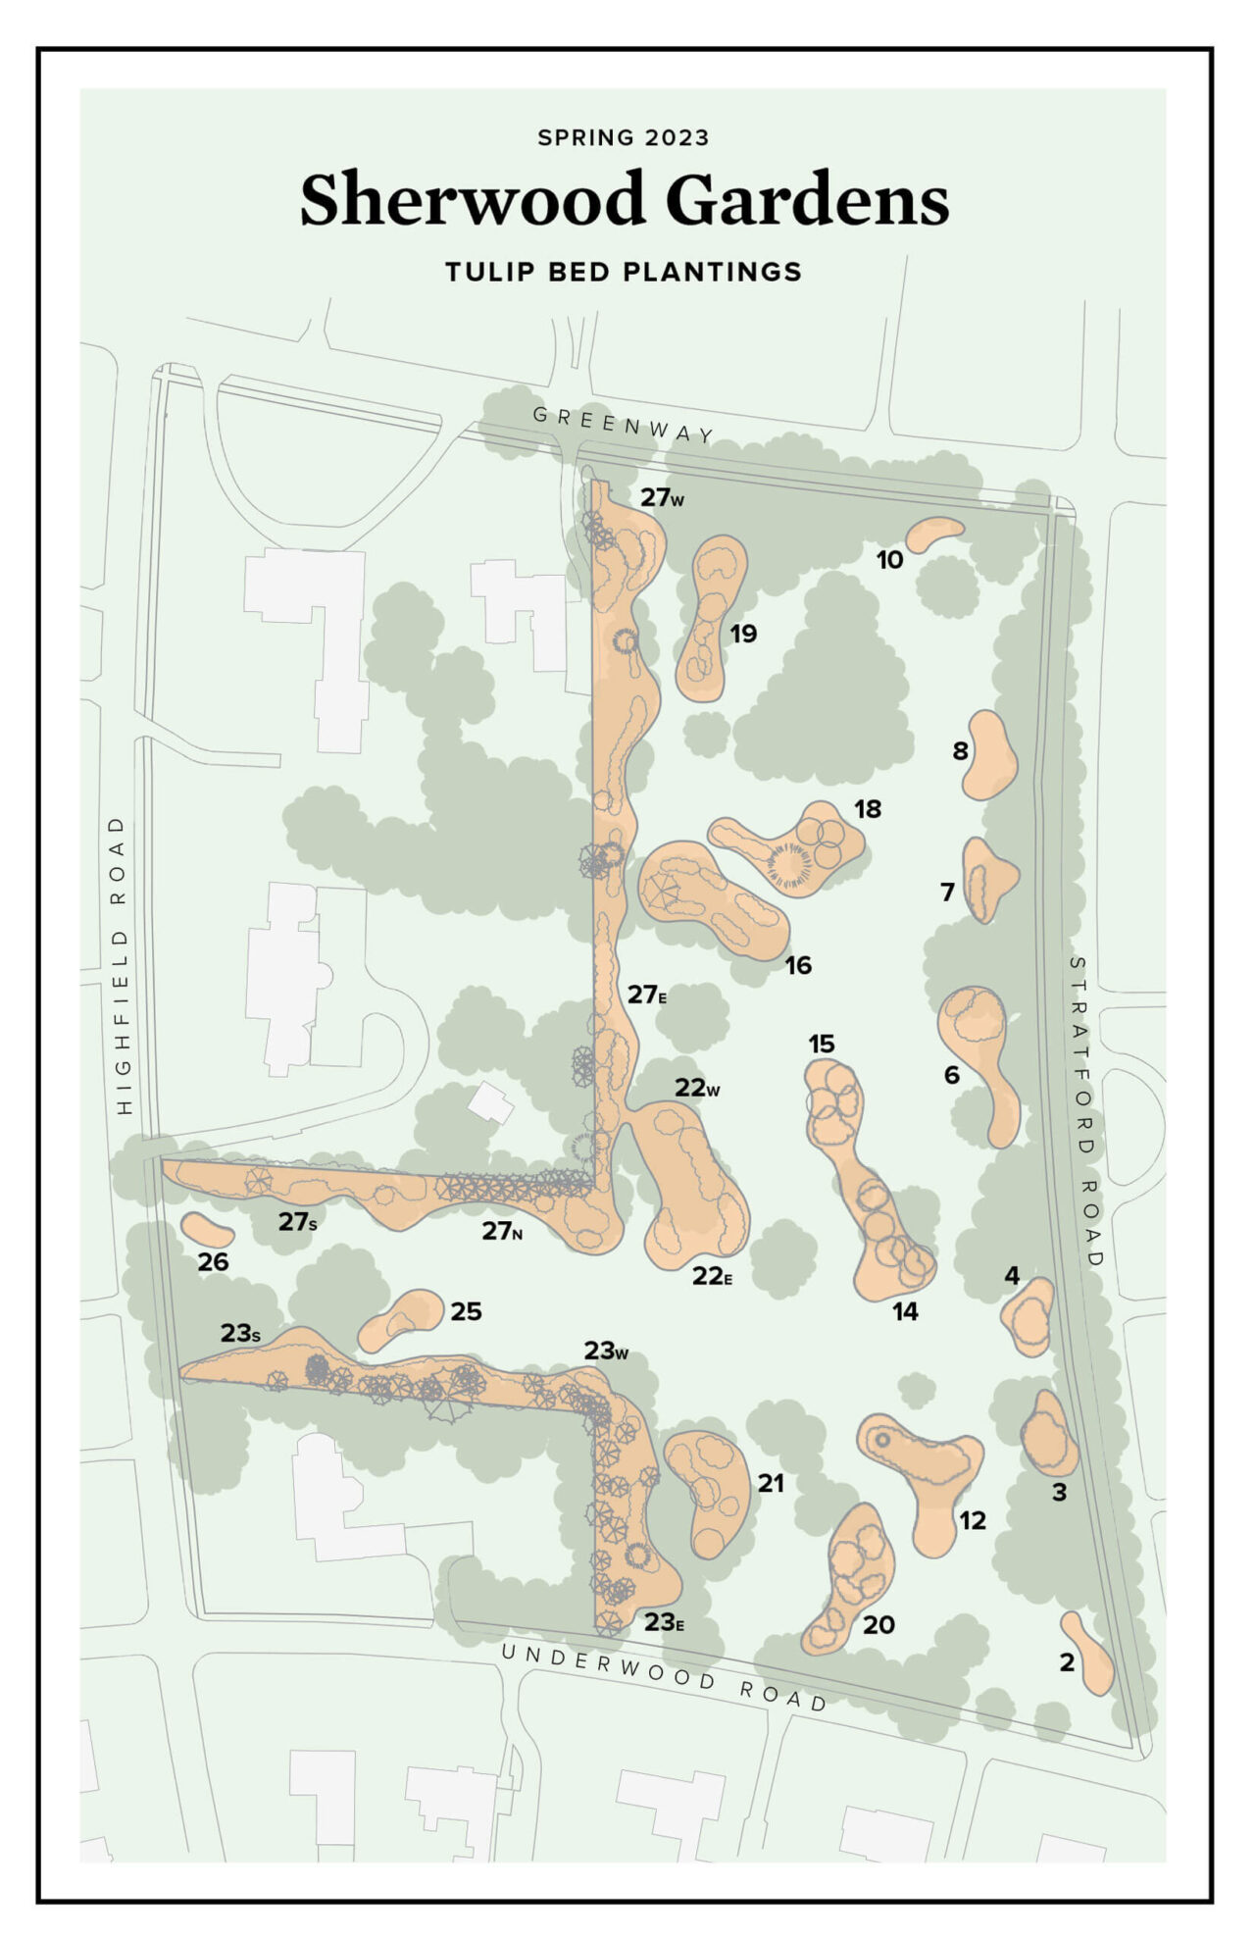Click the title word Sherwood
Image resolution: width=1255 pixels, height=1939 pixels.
pyautogui.click(x=471, y=200)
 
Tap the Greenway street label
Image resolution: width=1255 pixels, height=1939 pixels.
pyautogui.click(x=624, y=425)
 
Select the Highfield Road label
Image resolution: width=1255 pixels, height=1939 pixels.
pyautogui.click(x=122, y=965)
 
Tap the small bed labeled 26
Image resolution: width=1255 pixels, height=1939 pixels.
pyautogui.click(x=206, y=1229)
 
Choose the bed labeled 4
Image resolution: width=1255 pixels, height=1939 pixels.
pyautogui.click(x=1029, y=1317)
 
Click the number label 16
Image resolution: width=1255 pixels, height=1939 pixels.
pyautogui.click(x=798, y=965)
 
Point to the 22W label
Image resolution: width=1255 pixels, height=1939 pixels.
pyautogui.click(x=697, y=1088)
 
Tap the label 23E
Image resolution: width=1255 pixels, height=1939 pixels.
pyautogui.click(x=664, y=1623)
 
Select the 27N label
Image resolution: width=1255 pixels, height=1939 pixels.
pyautogui.click(x=501, y=1231)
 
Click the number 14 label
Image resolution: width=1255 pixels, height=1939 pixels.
pyautogui.click(x=905, y=1311)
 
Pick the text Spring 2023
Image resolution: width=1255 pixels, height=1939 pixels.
pyautogui.click(x=624, y=137)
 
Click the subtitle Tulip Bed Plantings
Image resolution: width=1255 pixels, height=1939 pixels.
pyautogui.click(x=624, y=272)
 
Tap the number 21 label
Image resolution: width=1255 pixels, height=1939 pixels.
pyautogui.click(x=771, y=1483)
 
